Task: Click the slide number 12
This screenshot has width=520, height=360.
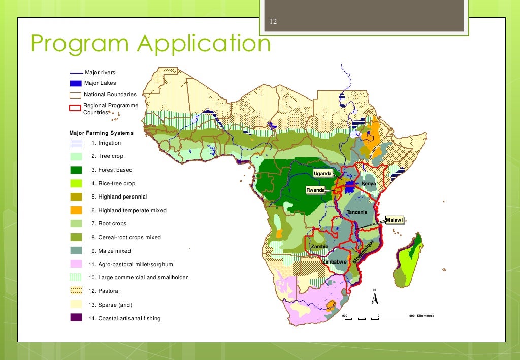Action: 273,22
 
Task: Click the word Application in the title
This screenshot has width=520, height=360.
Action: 203,44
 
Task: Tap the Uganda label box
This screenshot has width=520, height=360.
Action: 322,174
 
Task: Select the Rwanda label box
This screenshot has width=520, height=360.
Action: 315,190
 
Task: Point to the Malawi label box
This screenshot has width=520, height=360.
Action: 394,220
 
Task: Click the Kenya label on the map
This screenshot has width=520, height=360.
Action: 369,183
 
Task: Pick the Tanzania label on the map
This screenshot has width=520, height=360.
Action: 356,212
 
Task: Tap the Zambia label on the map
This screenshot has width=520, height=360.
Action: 319,246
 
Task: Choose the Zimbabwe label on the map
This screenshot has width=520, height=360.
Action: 334,261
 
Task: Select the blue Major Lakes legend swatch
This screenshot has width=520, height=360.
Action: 76,83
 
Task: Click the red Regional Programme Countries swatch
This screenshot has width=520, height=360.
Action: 75,108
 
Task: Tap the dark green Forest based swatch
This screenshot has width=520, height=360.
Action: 76,170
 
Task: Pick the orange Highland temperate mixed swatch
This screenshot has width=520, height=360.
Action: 76,210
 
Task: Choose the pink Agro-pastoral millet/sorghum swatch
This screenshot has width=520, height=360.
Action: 76,264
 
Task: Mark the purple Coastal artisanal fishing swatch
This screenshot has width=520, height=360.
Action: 76,318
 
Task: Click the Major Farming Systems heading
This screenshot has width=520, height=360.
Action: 101,133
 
